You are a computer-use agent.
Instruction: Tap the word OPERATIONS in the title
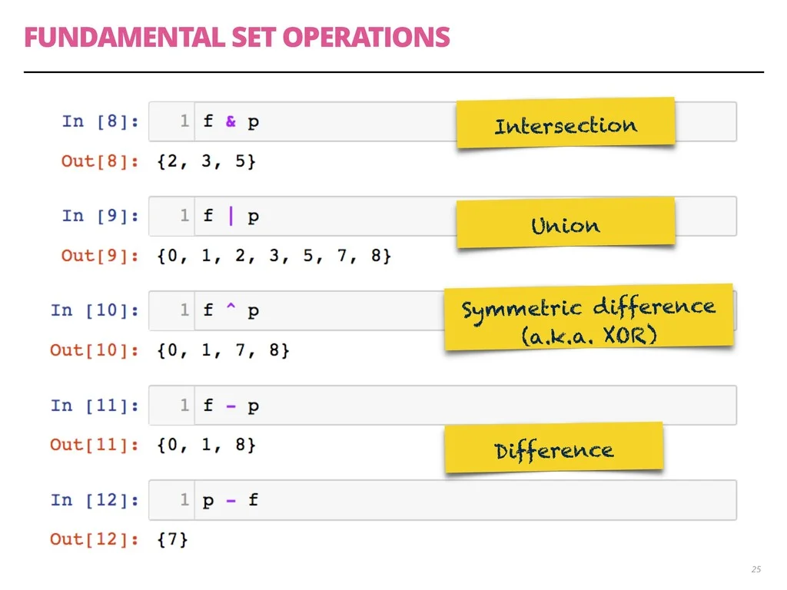367,38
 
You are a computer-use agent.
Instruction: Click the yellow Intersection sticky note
566,123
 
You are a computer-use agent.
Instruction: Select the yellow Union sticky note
566,223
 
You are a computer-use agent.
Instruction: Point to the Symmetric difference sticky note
589,317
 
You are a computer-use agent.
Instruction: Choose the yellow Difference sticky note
553,448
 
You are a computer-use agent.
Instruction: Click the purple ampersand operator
231,121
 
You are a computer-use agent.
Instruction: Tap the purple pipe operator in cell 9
231,216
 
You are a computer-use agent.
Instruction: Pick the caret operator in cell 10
231,306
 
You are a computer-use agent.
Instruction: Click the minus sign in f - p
231,406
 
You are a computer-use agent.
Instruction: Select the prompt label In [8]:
101,121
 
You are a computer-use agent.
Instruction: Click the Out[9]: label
100,256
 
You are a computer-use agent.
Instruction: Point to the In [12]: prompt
95,500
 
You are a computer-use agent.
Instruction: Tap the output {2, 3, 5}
206,161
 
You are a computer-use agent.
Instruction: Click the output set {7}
173,539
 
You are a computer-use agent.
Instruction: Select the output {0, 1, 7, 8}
224,350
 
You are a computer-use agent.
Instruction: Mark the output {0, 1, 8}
206,445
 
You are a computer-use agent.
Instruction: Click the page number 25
756,569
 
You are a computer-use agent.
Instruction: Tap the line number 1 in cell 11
184,405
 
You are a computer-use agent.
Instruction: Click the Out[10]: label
95,350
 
